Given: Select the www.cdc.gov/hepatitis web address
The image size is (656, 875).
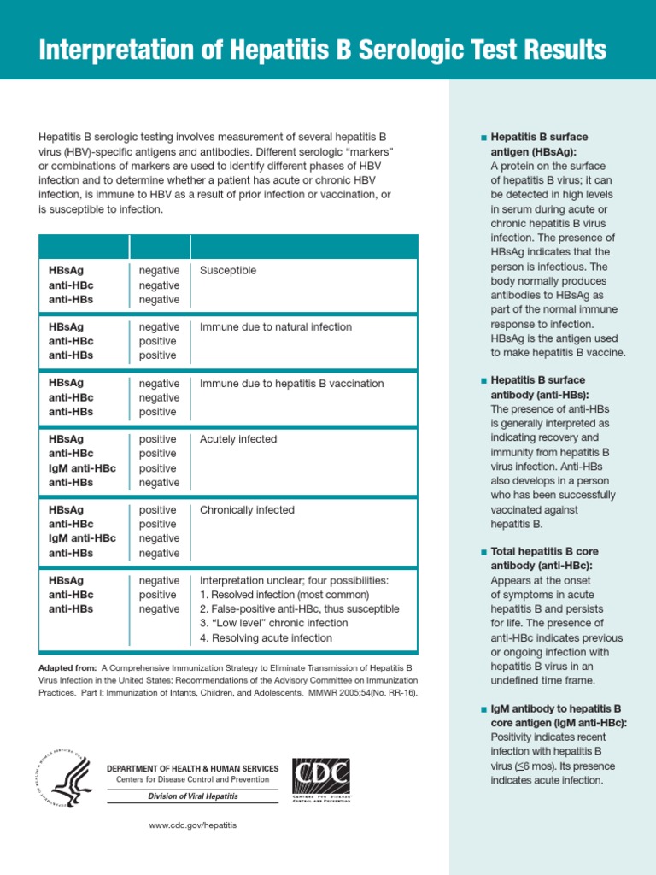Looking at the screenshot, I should point(192,825).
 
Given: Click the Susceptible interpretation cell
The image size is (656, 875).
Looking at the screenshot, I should point(228,271).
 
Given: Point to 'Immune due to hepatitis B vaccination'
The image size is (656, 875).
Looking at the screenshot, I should point(291,384).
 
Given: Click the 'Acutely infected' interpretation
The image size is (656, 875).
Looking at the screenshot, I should point(238,439).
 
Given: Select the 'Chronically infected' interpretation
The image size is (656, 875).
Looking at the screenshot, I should point(247,510).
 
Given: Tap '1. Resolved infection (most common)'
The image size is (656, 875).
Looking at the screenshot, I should point(284,595).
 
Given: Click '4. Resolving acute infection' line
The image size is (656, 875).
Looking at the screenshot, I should point(266,637).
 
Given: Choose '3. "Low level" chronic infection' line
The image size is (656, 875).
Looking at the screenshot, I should point(273,623).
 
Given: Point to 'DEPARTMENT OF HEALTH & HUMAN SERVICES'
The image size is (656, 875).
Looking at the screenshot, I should point(192,768).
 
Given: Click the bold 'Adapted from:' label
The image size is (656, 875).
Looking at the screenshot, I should point(67,667).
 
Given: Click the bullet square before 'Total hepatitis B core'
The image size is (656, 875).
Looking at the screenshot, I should point(484,552).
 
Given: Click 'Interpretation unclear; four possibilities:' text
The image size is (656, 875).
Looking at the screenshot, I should point(294,580).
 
